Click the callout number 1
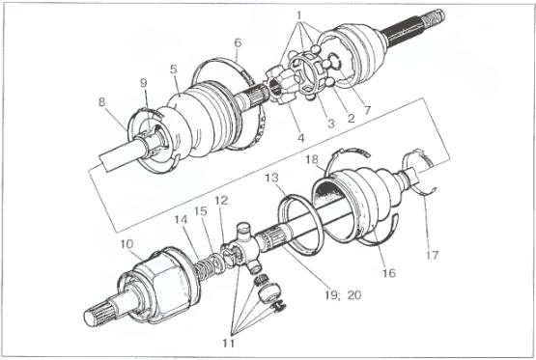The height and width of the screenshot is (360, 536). click(299, 15)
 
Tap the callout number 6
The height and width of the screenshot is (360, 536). click(238, 42)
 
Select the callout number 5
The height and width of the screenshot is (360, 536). click(174, 69)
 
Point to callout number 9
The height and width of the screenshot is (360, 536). click(144, 83)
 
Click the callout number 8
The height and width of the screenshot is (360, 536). click(101, 101)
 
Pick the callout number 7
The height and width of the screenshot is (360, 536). click(368, 110)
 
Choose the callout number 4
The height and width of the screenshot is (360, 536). click(300, 138)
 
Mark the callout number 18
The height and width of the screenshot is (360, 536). click(312, 159)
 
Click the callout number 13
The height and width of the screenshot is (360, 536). click(271, 178)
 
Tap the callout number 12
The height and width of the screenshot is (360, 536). click(221, 201)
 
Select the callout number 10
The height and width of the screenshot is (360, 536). click(127, 244)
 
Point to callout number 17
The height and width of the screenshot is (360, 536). click(432, 255)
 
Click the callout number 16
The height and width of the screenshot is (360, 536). click(388, 273)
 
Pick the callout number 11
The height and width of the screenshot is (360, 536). click(228, 343)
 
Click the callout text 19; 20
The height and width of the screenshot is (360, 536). click(343, 294)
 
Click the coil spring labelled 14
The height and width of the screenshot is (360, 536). click(205, 268)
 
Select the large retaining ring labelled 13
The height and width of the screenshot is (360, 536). click(300, 224)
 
